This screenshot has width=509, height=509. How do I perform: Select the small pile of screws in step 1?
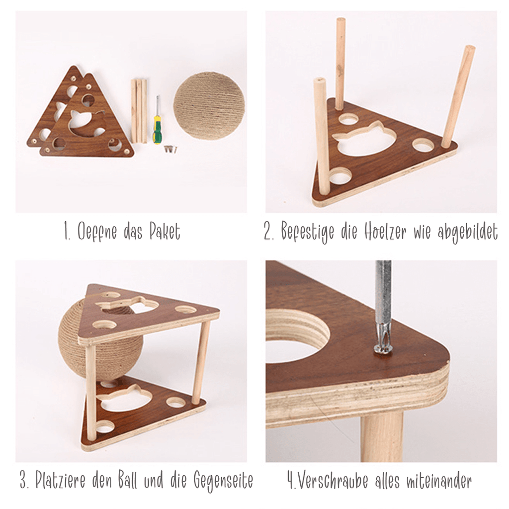tap(170, 149)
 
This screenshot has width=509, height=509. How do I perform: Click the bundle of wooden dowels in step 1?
tap(139, 111)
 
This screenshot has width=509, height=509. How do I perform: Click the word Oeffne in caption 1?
tap(97, 232)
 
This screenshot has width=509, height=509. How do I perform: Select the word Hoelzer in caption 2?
tap(385, 232)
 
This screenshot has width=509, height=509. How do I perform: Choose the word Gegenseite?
tap(223, 481)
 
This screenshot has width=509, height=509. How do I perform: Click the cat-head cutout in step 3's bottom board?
tap(123, 398)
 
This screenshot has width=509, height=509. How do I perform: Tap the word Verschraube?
tap(333, 480)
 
